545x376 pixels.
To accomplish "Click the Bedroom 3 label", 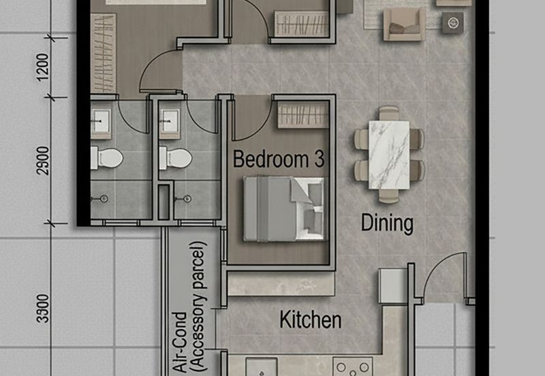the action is (279, 159).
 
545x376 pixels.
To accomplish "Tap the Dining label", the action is (387, 223).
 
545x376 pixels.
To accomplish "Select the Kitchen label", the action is (311, 320).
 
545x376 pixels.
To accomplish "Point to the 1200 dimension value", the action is (43, 67).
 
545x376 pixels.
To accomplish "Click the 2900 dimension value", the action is (43, 161).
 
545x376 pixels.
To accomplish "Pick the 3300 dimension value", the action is (43, 309).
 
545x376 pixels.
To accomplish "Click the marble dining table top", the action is (389, 155).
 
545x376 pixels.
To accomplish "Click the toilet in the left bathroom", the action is (107, 158).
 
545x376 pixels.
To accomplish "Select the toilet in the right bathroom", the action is (175, 158).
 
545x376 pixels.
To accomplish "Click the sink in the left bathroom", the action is (101, 122).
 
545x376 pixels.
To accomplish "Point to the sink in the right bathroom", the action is (169, 122).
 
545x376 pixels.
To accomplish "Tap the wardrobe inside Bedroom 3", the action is (303, 115).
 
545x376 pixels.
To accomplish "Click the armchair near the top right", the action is (404, 25).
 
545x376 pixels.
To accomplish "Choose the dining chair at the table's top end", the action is (389, 114).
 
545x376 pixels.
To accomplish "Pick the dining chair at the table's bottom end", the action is (389, 196).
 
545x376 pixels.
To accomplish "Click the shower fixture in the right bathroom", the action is (184, 199).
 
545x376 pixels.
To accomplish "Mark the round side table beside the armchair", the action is (452, 23).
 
